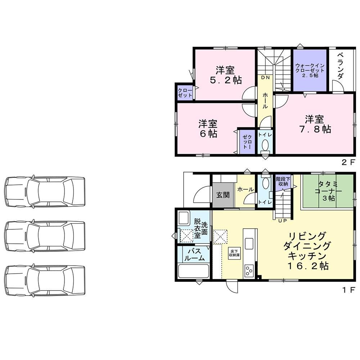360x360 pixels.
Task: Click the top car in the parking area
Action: coord(45,192)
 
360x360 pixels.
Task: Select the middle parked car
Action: coord(45,236)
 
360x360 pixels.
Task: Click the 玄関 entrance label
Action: coord(223,195)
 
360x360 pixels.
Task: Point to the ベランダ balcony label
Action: coord(341,66)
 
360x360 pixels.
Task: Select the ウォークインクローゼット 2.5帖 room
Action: coord(310,70)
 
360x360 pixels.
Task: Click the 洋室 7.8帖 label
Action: coord(315,124)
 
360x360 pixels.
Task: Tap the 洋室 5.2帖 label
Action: coord(225,75)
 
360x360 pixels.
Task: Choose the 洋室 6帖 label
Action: coord(208,129)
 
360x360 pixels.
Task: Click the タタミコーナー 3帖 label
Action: coord(329,191)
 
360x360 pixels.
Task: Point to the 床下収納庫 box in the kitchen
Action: coord(234,253)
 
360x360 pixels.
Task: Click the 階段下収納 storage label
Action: coord(283,181)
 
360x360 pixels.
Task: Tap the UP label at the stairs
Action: coord(282,221)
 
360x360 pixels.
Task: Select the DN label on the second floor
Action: coord(265,78)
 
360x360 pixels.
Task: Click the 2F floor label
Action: coord(348,162)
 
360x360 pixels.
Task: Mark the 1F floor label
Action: coord(349,290)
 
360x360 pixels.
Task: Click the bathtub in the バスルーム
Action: coord(194,271)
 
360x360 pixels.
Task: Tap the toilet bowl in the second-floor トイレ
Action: coord(265,145)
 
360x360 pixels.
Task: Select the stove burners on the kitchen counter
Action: coord(249,270)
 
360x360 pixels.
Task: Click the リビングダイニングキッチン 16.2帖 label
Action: coord(307,251)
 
